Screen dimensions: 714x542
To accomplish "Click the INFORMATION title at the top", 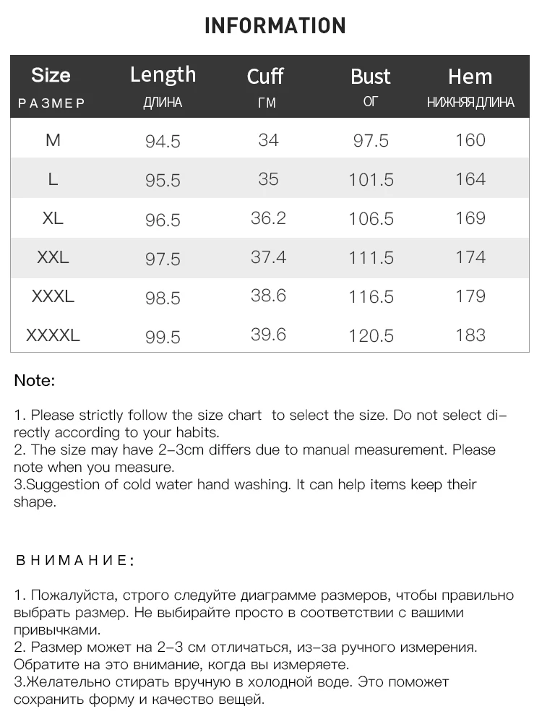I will tap(275, 27).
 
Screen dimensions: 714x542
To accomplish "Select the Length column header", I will tap(163, 74).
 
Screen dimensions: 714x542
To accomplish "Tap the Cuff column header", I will tap(265, 76).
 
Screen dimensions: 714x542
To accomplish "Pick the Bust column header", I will tap(370, 76).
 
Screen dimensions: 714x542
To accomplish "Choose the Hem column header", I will tap(470, 76).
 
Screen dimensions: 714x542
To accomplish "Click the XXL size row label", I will tap(53, 257).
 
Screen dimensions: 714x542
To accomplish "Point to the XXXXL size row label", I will tap(53, 335).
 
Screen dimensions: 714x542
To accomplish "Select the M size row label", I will tap(53, 139).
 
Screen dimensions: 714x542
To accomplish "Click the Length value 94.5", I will tap(163, 141).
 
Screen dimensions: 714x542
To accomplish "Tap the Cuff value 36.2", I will tap(268, 218).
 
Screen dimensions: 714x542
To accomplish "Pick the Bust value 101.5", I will tap(371, 179).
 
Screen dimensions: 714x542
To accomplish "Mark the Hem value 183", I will tap(470, 335).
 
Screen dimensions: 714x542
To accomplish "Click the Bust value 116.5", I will tap(371, 296).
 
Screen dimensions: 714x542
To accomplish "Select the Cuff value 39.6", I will tap(268, 334).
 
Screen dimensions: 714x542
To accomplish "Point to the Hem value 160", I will tap(470, 139).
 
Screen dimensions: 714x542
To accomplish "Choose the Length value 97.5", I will tap(163, 259).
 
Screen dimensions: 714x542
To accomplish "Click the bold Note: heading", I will tap(35, 380).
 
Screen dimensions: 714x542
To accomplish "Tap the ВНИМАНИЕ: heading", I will tap(74, 561).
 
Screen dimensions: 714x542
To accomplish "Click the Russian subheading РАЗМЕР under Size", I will tap(51, 103).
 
